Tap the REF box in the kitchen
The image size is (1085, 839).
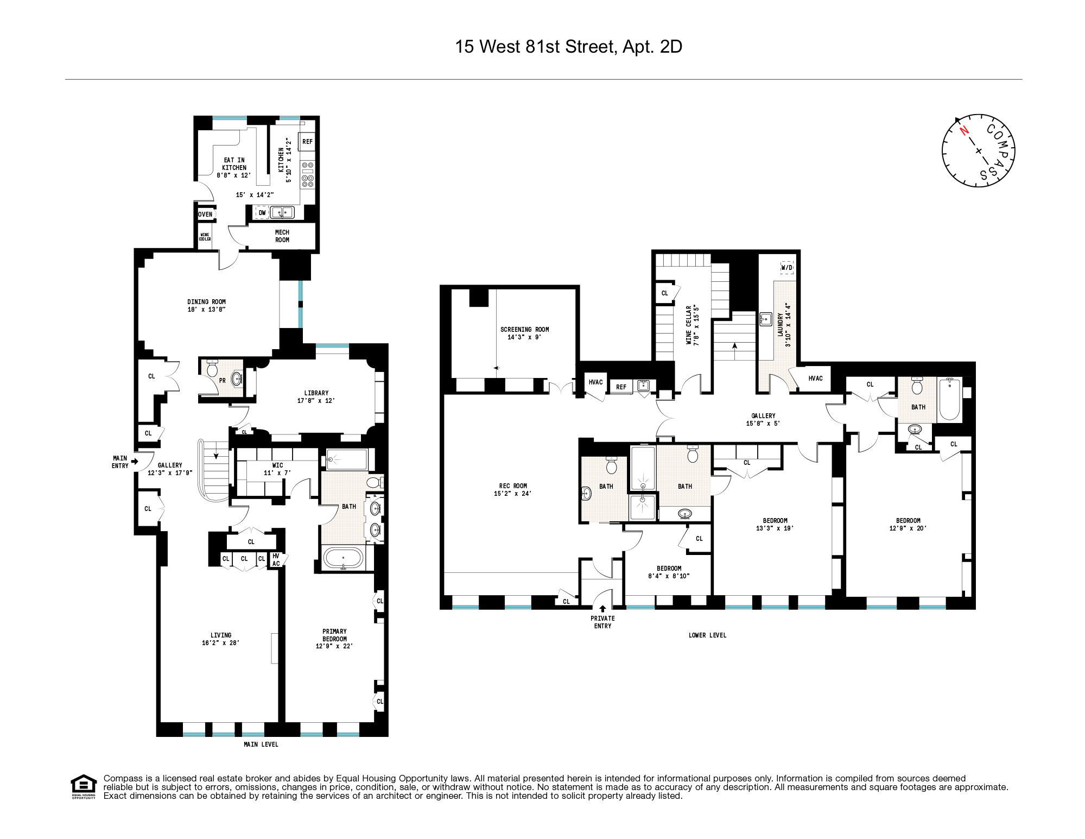point(307,142)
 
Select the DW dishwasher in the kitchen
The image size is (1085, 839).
point(262,213)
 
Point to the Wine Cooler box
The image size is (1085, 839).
point(205,237)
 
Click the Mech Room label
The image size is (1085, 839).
point(282,236)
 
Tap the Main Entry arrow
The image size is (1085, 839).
point(135,462)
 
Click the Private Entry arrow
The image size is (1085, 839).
point(602,609)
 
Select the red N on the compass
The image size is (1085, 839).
point(964,131)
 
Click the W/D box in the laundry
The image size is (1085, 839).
point(786,267)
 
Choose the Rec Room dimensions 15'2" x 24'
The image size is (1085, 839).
point(512,494)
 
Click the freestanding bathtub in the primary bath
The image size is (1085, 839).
point(343,558)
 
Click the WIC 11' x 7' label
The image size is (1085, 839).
point(277,469)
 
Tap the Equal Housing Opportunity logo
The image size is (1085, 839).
point(84,786)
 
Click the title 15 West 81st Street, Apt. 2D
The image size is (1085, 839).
point(568,47)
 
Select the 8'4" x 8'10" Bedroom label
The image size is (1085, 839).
point(669,572)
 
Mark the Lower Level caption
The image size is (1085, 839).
point(707,635)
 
